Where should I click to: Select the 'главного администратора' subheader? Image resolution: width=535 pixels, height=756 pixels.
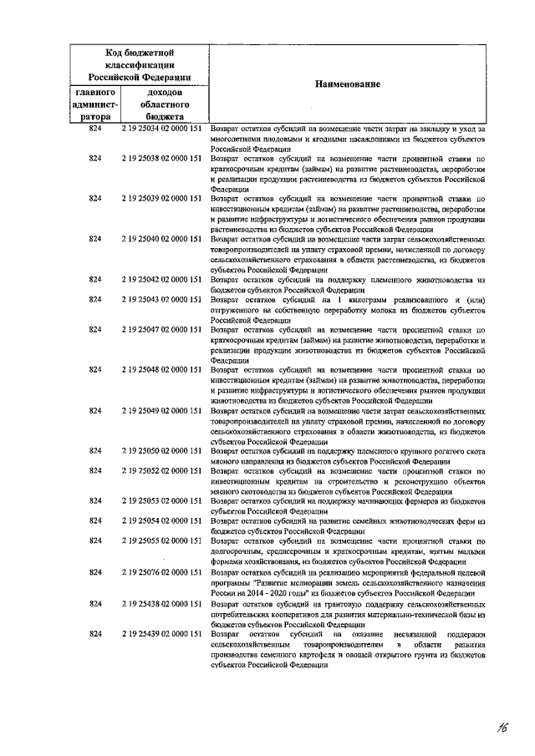click(x=94, y=104)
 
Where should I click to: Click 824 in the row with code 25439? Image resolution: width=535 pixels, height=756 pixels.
click(x=94, y=635)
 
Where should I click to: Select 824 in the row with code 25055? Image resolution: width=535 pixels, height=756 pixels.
click(x=94, y=541)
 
